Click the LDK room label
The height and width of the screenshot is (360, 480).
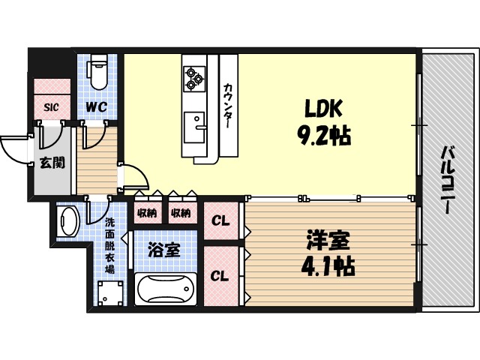pos(323,109)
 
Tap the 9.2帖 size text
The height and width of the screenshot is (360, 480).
pos(323,136)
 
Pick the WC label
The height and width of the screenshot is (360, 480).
pos(96,106)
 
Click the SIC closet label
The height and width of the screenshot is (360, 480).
pos(51,106)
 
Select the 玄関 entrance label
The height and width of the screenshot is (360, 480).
pos(52,161)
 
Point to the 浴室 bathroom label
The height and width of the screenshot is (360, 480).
pos(163,250)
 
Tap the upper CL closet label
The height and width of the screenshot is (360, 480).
pos(220,221)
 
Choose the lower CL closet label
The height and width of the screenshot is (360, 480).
pos(220,276)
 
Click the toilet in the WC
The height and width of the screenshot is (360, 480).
pos(97,74)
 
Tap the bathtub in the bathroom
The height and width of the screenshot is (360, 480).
pos(165,289)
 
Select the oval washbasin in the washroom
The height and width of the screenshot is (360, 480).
pos(70,220)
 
